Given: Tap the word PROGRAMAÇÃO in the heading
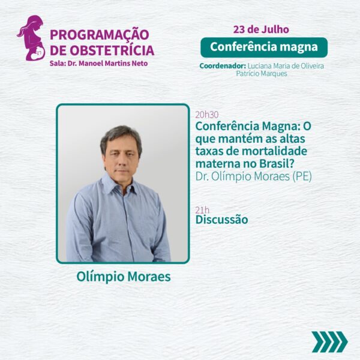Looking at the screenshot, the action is [x=100, y=35].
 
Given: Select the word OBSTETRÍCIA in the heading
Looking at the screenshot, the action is [x=112, y=50].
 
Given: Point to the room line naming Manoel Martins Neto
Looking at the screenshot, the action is [x=99, y=64].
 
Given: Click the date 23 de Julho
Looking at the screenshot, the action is [x=261, y=29].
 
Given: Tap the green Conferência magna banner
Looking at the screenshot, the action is [x=264, y=47].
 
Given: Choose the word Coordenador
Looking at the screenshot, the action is [x=223, y=66].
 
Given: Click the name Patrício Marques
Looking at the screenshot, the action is [x=262, y=74].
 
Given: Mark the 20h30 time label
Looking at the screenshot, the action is [x=207, y=115].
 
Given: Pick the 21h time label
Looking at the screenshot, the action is [x=202, y=210].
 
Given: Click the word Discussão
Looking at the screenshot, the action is [x=222, y=220].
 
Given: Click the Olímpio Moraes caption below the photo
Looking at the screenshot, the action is [x=124, y=277].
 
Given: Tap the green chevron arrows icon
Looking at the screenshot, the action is [x=330, y=342].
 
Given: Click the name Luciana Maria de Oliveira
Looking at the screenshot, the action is [x=286, y=66].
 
